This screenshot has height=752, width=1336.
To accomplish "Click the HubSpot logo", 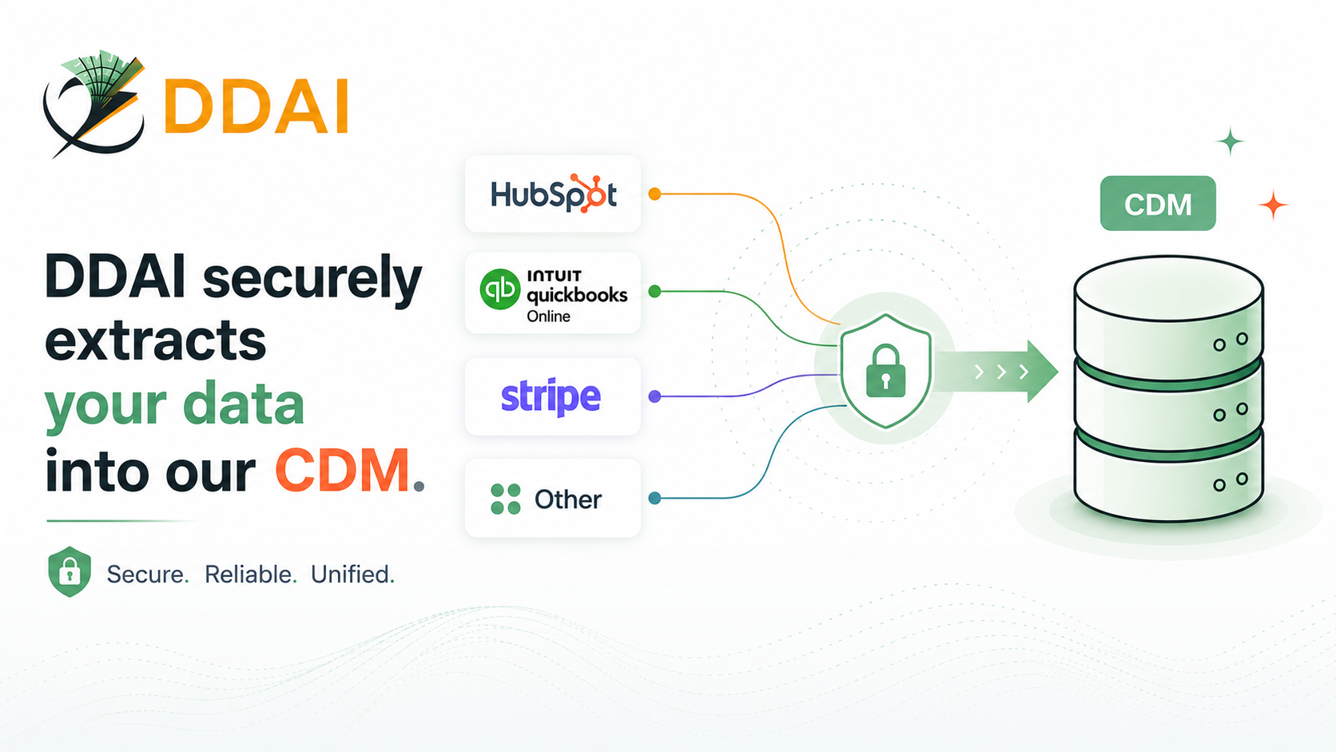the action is point(554,193).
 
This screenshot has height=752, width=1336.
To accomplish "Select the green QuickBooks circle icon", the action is point(500,289).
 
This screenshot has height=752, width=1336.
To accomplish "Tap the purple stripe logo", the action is point(551,396).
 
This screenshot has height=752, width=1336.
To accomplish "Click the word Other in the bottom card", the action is point(568,499).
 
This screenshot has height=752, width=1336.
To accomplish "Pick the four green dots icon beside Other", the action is point(505,499).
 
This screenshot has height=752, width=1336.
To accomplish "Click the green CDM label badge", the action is point(1158,203).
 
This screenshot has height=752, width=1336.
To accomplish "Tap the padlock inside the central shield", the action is point(885,370).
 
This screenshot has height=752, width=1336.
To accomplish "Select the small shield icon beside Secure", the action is point(70,571).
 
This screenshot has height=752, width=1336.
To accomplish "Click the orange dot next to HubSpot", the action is point(654,194).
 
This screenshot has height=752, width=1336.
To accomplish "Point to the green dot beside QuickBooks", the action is point(654,291).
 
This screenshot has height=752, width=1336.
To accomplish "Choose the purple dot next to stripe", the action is point(654,396).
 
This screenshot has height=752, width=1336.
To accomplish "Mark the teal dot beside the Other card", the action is point(654,498).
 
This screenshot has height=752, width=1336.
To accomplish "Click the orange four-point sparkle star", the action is point(1274,205).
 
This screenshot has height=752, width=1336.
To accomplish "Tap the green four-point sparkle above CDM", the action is point(1230,141).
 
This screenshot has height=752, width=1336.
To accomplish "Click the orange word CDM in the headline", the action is point(343,471).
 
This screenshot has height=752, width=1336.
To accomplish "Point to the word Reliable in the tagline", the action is point(249,575).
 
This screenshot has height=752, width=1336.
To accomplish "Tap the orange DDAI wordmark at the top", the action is point(256,106).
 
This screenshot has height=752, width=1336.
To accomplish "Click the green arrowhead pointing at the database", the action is point(1043,372).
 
